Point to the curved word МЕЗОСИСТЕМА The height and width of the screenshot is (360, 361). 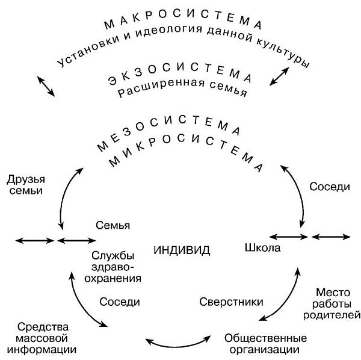(168, 134)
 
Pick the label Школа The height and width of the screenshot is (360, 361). (263, 247)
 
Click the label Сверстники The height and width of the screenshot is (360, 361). (224, 301)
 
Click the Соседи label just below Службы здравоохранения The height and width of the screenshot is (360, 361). (120, 301)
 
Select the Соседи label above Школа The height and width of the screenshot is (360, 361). (329, 187)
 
